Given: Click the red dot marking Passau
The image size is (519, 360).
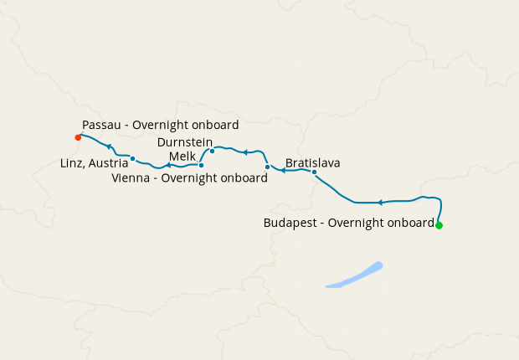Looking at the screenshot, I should pyautogui.click(x=78, y=137).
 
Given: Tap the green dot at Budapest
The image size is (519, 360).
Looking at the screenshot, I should pyautogui.click(x=439, y=225).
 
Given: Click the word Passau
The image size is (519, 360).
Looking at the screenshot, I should pyautogui.click(x=101, y=125).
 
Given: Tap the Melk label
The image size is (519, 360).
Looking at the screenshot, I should pyautogui.click(x=182, y=157).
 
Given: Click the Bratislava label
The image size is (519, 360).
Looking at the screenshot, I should pyautogui.click(x=312, y=162).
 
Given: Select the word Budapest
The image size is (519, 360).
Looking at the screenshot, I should pyautogui.click(x=291, y=224).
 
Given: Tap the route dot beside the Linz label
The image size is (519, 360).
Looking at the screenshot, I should pyautogui.click(x=133, y=158).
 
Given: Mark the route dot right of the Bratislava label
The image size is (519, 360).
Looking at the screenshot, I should pyautogui.click(x=314, y=172).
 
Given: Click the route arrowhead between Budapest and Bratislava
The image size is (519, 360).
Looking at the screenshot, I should pyautogui.click(x=380, y=203).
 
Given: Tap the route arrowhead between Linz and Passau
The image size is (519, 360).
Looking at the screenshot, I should pyautogui.click(x=109, y=147).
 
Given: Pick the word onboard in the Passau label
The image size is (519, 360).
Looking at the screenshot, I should pyautogui.click(x=218, y=125).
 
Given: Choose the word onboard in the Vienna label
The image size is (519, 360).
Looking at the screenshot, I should pyautogui.click(x=246, y=177).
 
